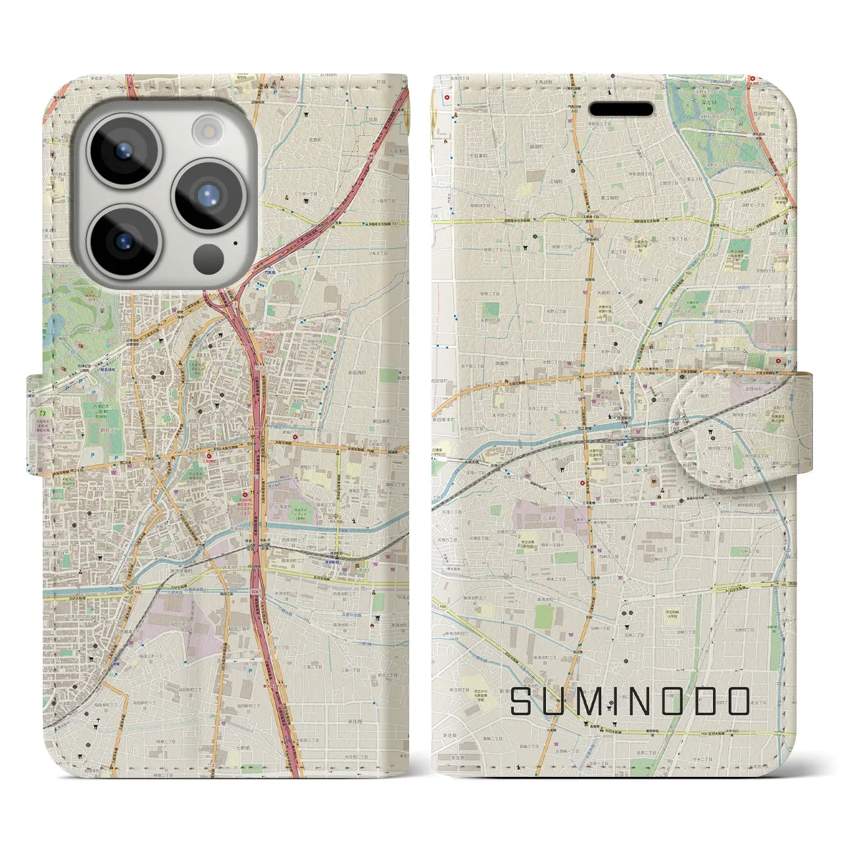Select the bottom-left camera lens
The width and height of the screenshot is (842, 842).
(123, 240)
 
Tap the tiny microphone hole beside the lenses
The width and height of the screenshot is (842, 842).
(235, 243)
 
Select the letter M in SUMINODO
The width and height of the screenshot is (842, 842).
(594, 701)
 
